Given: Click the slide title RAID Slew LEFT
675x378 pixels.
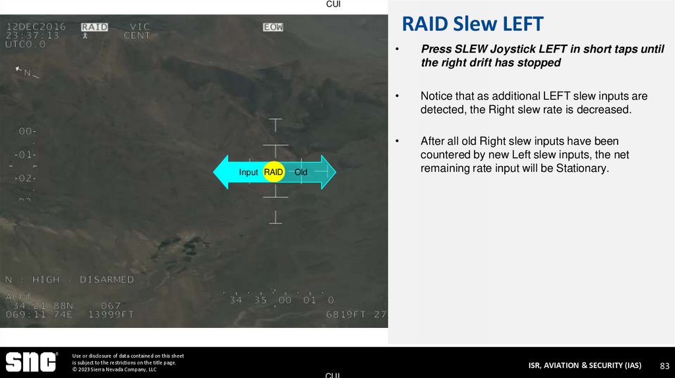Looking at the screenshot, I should pyautogui.click(x=472, y=24).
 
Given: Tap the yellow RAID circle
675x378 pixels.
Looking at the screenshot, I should pyautogui.click(x=274, y=172).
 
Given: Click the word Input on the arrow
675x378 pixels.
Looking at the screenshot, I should pyautogui.click(x=248, y=173).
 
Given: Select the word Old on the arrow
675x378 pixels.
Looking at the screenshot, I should pyautogui.click(x=301, y=173).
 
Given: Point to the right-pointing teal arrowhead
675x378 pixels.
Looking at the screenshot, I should pyautogui.click(x=328, y=172).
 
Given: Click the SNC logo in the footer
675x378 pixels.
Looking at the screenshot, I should pyautogui.click(x=31, y=362).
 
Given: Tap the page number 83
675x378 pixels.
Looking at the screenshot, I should pyautogui.click(x=664, y=365).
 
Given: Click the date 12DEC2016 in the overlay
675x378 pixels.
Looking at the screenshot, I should pyautogui.click(x=36, y=27).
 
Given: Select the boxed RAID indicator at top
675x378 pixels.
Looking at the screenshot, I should pyautogui.click(x=94, y=27).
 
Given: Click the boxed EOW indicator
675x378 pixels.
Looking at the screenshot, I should pyautogui.click(x=272, y=27).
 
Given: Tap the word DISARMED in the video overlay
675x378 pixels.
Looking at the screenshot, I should pyautogui.click(x=107, y=280).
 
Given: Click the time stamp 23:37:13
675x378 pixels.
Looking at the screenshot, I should pyautogui.click(x=33, y=36).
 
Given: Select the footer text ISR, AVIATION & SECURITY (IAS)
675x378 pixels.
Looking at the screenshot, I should pyautogui.click(x=585, y=365).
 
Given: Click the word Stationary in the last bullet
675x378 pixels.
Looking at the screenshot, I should pyautogui.click(x=580, y=168).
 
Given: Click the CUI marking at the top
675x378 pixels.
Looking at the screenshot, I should pyautogui.click(x=334, y=5).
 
